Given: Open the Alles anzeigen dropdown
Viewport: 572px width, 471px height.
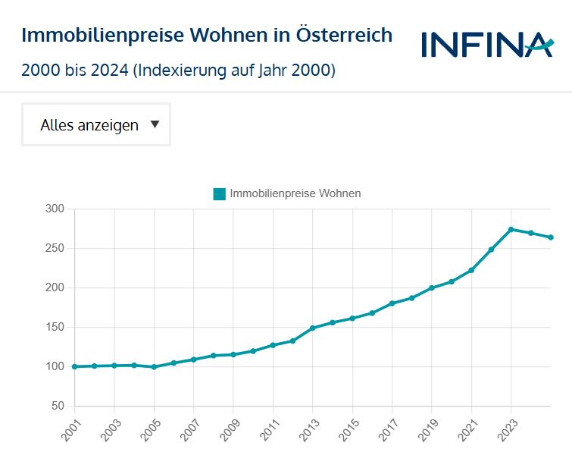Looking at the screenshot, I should click(x=95, y=125).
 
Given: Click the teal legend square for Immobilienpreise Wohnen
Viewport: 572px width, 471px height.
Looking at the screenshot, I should click(x=220, y=193).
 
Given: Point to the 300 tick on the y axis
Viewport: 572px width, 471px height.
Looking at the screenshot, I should click(x=55, y=209).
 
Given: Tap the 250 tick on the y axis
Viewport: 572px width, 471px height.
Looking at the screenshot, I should click(x=55, y=248).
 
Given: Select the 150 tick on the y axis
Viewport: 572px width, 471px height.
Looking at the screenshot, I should click(x=55, y=328).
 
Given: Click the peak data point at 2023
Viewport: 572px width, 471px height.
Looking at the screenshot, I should click(x=511, y=229).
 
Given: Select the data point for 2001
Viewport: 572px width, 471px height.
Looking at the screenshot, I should click(x=74, y=366).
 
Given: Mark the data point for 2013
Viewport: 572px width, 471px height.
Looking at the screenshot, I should click(x=312, y=328).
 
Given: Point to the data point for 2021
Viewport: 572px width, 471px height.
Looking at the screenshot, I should click(x=471, y=270).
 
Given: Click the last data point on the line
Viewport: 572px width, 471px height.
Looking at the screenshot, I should click(x=551, y=237).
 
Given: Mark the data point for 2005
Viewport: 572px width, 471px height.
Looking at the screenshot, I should click(x=154, y=367).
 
